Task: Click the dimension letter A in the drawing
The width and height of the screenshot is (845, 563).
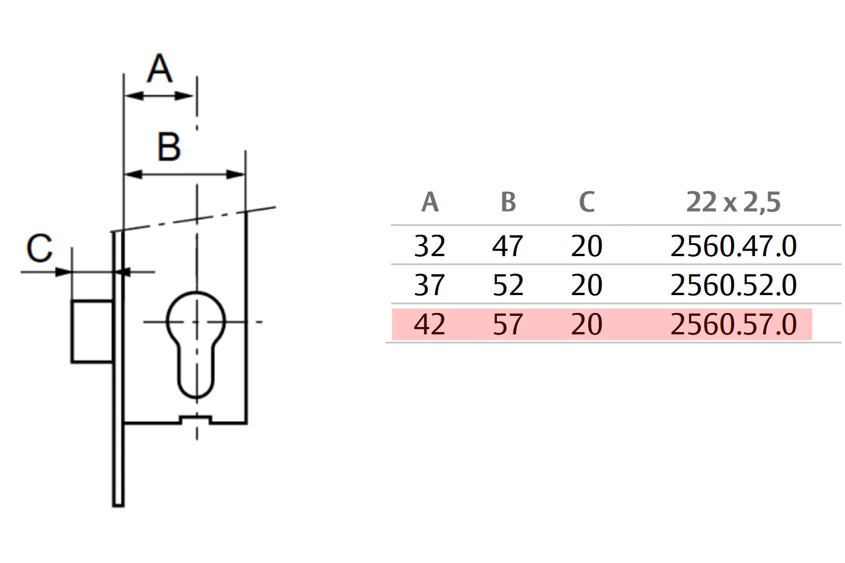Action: tap(160, 68)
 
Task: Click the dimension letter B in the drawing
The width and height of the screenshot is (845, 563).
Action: tap(168, 147)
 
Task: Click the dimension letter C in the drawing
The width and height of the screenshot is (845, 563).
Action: tap(39, 248)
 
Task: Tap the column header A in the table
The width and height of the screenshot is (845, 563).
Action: tap(430, 202)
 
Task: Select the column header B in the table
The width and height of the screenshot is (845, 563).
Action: tap(508, 202)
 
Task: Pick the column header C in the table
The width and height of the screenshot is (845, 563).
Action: tap(586, 202)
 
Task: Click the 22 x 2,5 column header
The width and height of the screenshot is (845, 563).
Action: tap(733, 203)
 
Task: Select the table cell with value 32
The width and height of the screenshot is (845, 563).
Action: tap(430, 246)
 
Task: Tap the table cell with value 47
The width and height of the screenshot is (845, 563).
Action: tap(508, 246)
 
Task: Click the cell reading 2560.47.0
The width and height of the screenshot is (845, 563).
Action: tap(733, 246)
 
